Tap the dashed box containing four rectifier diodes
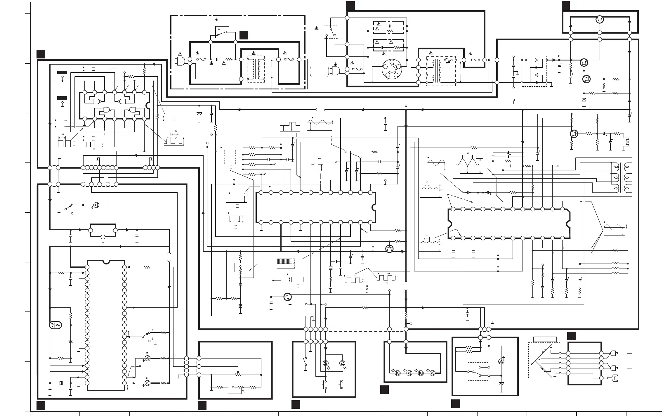[534, 71]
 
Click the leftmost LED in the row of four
[397, 373]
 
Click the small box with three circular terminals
[103, 231]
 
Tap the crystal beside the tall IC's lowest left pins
[61, 383]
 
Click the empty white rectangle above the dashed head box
[545, 339]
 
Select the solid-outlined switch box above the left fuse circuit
[222, 32]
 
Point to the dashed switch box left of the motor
[331, 32]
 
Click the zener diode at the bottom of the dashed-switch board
[501, 383]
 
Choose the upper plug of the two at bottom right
[613, 354]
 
